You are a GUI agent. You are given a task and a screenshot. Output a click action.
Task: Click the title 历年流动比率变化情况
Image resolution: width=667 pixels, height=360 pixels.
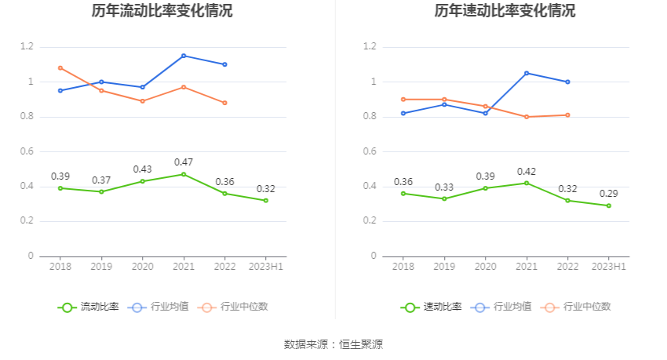click(162, 12)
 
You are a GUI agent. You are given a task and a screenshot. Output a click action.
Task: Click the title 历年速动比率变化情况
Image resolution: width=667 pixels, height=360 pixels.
click(505, 12)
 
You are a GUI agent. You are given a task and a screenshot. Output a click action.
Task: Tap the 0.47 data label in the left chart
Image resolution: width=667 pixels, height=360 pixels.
click(184, 162)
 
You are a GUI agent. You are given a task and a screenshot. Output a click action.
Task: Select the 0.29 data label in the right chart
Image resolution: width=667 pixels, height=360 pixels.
click(608, 194)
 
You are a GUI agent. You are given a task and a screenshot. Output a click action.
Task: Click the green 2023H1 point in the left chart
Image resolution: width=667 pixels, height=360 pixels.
click(266, 200)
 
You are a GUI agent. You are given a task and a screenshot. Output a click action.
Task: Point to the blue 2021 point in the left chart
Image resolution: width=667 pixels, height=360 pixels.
click(184, 56)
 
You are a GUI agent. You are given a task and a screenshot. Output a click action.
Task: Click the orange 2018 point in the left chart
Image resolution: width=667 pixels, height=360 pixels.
click(60, 68)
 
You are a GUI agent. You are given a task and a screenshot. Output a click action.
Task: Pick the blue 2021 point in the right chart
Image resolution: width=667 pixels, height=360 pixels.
click(527, 73)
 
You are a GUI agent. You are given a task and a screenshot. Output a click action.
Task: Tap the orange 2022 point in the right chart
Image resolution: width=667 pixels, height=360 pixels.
click(567, 115)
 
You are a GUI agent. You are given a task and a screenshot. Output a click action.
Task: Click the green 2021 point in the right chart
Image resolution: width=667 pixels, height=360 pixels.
click(527, 183)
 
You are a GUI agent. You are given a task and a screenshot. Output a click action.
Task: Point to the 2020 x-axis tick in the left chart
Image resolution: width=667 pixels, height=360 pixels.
click(143, 267)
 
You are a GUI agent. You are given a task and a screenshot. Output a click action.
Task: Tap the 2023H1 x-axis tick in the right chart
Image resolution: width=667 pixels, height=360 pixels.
click(608, 267)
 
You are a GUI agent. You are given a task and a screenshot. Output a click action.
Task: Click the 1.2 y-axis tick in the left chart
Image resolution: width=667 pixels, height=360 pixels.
click(27, 47)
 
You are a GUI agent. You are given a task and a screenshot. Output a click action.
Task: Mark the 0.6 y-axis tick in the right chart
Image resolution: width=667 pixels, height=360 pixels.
click(370, 151)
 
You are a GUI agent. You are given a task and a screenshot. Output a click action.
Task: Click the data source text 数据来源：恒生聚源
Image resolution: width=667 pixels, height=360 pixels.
click(333, 344)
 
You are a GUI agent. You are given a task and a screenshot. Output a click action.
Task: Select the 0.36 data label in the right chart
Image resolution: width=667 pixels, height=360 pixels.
click(403, 182)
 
